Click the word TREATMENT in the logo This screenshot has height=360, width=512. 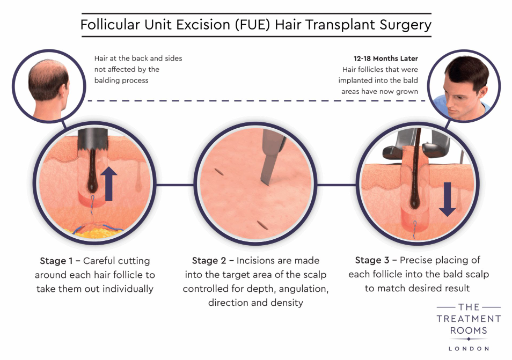469,319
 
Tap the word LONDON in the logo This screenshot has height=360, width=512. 469,348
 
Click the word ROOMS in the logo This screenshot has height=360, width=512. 469,330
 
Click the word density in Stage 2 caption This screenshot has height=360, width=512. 288,303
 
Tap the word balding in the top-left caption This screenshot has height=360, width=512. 106,80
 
